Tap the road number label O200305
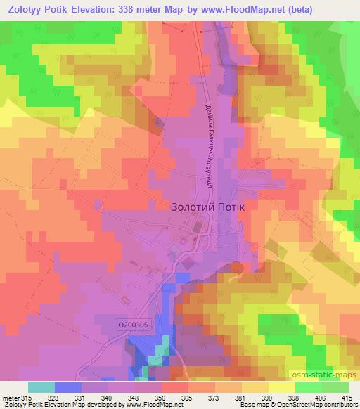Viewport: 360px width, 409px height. click(133, 324)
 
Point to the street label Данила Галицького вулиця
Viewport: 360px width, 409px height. click(209, 146)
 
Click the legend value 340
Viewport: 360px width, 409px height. click(107, 398)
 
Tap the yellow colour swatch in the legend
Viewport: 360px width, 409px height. click(281, 387)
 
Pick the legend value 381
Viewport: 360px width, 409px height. click(240, 398)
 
